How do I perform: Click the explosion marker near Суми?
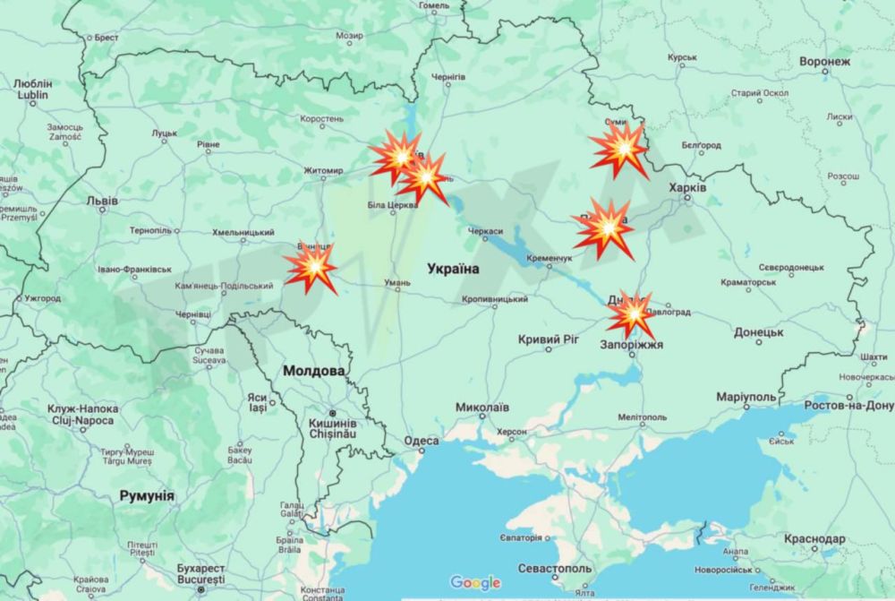(619, 150)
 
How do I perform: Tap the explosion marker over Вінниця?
(310, 267)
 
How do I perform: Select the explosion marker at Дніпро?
(632, 314)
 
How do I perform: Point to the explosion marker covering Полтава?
(604, 229)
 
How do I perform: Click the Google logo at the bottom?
(475, 582)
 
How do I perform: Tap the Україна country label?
(453, 269)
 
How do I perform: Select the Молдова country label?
(313, 370)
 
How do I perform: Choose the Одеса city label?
(421, 441)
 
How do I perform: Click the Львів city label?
(101, 201)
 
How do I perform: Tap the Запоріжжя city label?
(633, 342)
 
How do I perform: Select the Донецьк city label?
(759, 331)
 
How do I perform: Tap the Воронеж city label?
(823, 62)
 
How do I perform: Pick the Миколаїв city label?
(482, 407)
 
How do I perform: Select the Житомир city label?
(323, 171)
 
